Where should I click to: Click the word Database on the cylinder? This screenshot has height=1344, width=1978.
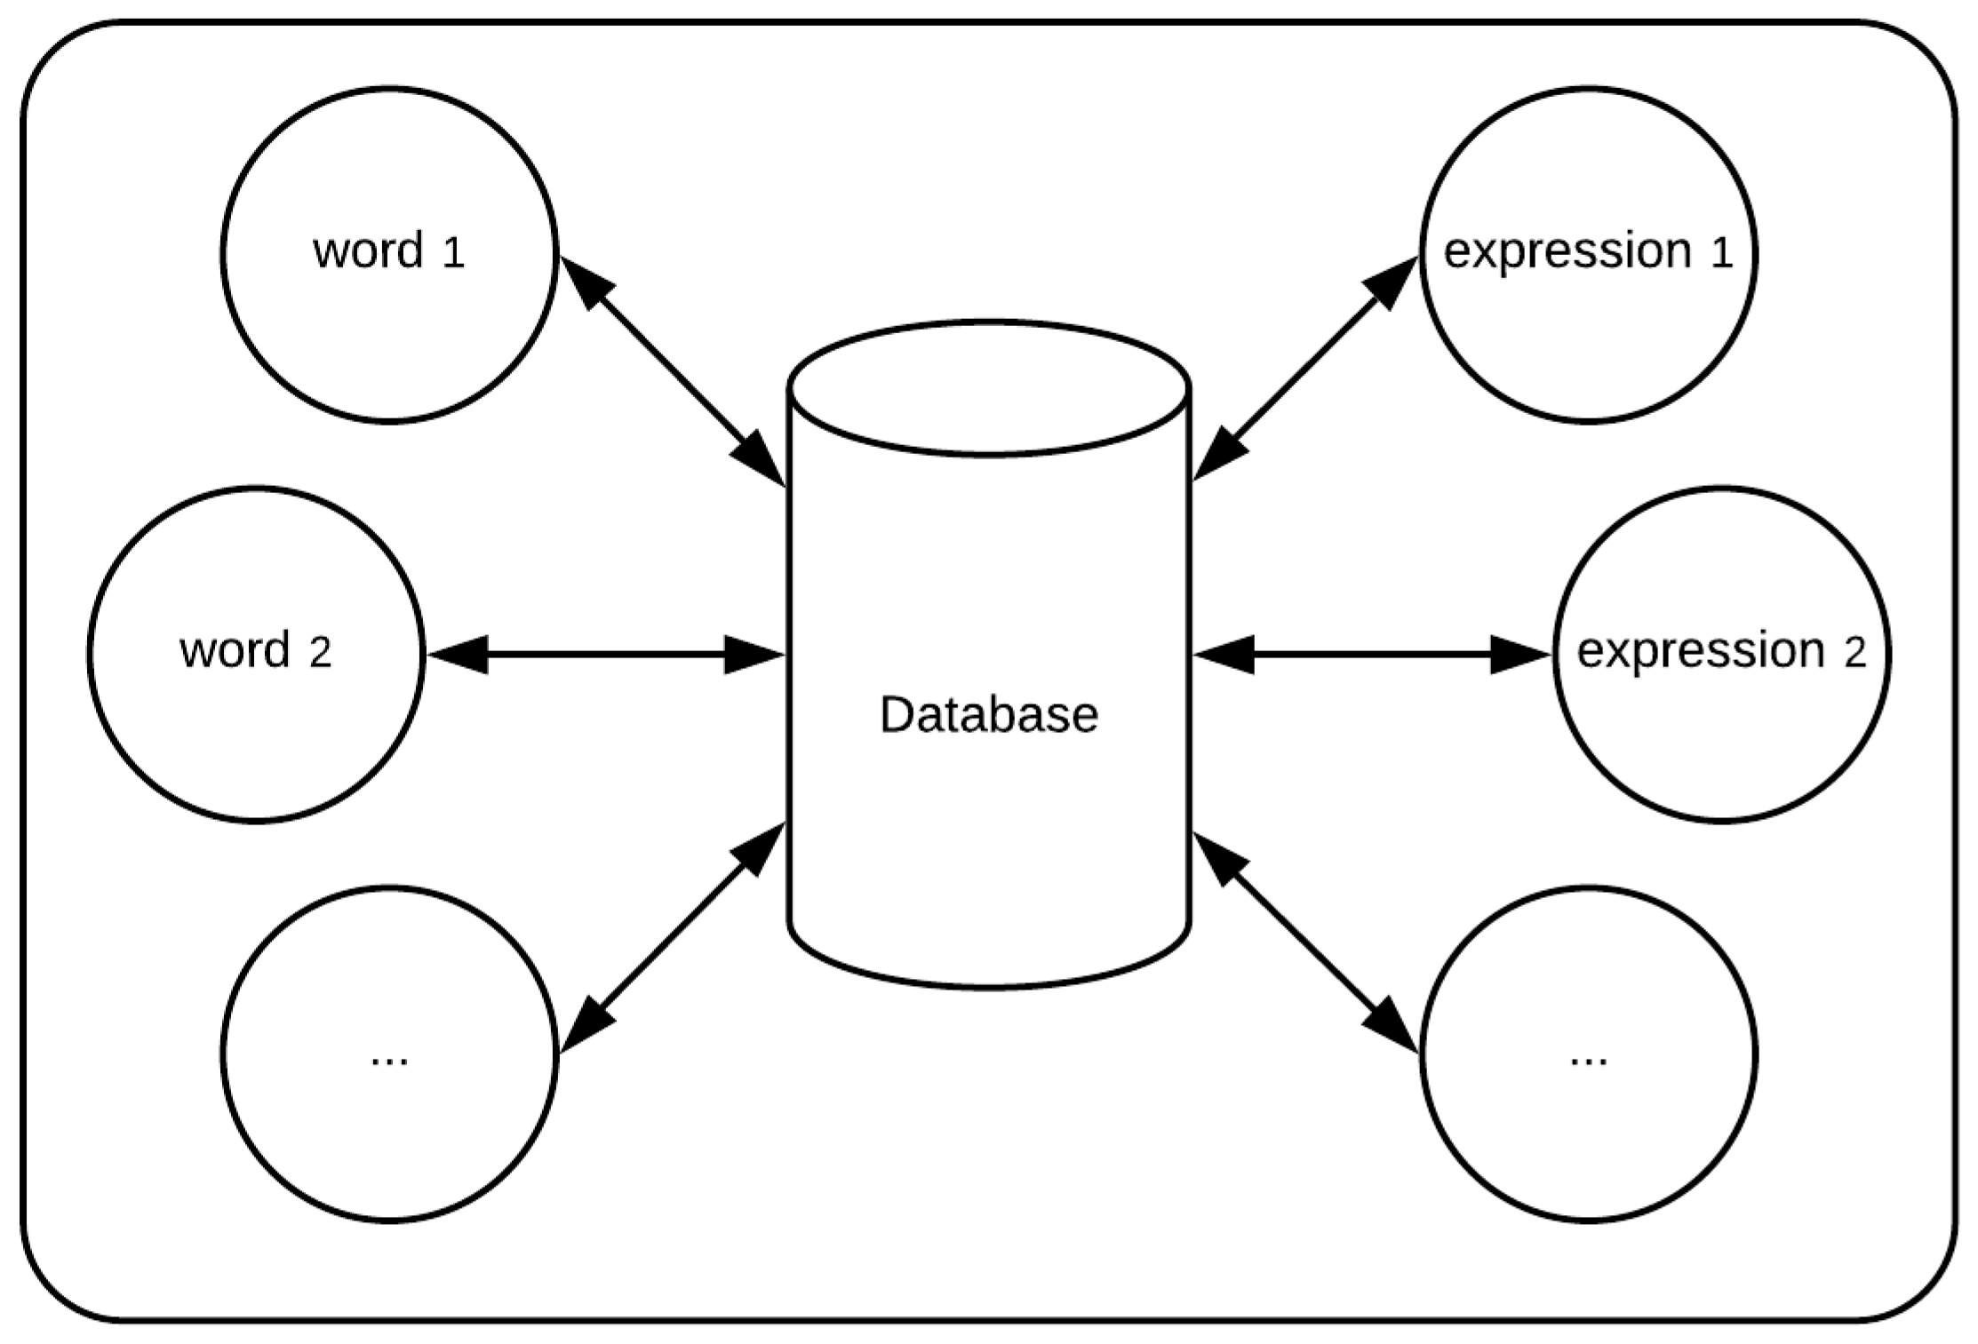pos(988,714)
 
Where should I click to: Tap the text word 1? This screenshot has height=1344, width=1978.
pos(388,251)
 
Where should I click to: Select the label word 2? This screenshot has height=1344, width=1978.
pos(255,651)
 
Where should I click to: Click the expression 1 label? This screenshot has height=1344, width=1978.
pos(1587,251)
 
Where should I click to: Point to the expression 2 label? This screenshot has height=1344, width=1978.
pos(1720,651)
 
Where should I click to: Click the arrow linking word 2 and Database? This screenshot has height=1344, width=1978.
pos(604,655)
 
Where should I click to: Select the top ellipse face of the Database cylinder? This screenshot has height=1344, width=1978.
pos(988,389)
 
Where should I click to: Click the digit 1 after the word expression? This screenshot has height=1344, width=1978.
pos(1721,254)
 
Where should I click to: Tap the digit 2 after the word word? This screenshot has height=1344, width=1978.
pos(320,654)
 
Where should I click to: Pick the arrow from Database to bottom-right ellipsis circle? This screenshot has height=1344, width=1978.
pos(1304,942)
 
